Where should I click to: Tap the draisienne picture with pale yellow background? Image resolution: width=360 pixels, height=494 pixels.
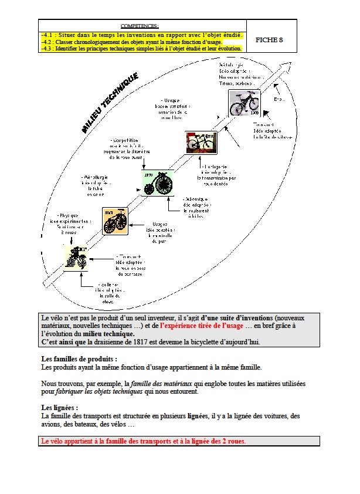point(77,259)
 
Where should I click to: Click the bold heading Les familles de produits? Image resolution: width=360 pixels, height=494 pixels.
point(79,358)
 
